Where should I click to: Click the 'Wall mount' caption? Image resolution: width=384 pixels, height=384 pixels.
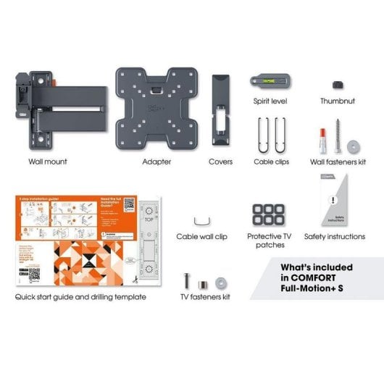point(47,162)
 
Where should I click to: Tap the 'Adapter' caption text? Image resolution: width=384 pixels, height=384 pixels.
point(156,162)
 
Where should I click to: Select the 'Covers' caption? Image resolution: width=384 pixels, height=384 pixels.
point(220,162)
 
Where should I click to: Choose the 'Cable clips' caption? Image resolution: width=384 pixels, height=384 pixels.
point(272,162)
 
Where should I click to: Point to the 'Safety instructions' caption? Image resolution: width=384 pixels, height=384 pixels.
point(335,236)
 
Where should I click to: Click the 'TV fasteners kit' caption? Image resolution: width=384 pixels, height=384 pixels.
point(205,297)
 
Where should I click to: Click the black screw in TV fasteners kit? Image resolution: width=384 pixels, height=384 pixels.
point(188,279)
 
